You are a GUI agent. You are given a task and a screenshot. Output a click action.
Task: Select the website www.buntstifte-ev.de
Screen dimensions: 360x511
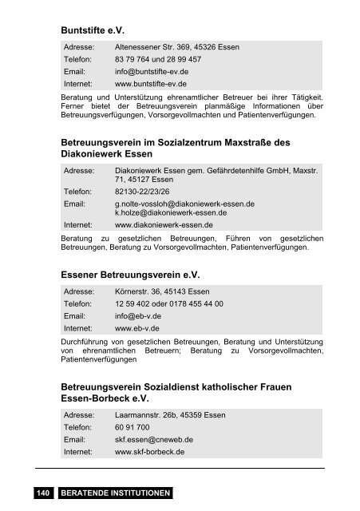151,83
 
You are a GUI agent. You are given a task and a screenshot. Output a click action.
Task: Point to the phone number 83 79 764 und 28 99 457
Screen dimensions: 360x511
157,59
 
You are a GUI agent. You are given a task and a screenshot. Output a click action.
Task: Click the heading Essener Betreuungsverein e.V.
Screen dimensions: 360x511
129,275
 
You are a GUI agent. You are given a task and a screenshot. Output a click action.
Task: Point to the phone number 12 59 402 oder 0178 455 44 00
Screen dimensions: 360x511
169,304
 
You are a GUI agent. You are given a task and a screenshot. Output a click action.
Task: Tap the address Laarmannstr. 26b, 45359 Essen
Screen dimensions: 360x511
170,415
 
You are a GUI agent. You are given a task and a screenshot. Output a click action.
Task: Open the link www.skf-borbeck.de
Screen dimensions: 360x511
150,451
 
